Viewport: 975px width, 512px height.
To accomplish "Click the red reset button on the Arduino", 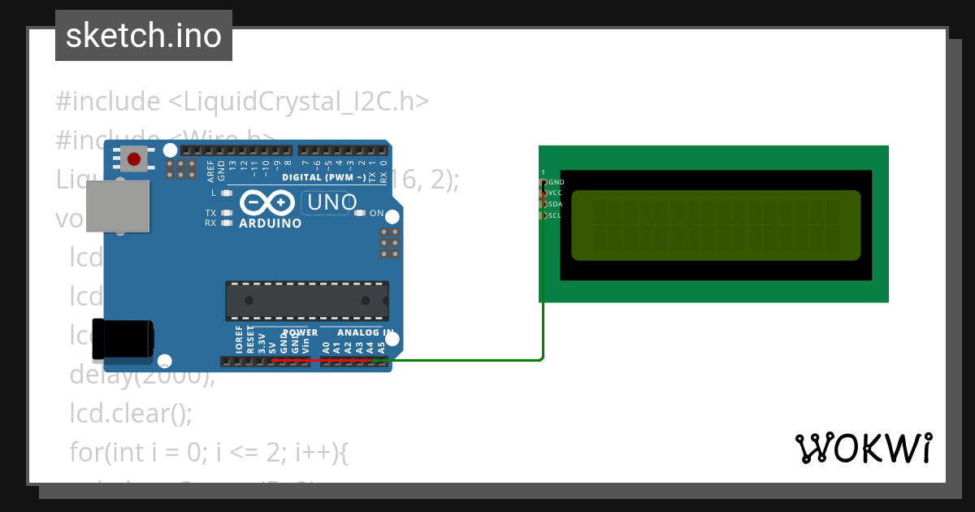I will [x=135, y=158].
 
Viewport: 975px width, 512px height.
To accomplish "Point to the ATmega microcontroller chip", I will [x=307, y=300].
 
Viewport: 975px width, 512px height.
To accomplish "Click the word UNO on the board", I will [x=330, y=202].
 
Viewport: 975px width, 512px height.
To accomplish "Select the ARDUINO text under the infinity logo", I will [x=270, y=223].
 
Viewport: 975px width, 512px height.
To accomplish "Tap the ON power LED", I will [x=360, y=213].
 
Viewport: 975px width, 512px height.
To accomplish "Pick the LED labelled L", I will [x=227, y=193].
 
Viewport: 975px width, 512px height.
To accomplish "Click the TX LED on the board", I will [x=227, y=213].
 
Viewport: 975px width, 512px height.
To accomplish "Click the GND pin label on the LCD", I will [x=556, y=183].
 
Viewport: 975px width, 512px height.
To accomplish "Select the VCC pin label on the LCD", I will [x=556, y=193].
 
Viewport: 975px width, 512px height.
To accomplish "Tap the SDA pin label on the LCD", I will [x=556, y=204].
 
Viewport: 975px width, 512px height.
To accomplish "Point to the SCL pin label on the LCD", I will [x=555, y=215].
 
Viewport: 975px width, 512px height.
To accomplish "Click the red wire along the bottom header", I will [x=325, y=359].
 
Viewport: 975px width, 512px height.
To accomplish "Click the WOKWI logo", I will [x=864, y=448].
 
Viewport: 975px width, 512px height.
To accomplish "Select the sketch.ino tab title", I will [x=143, y=36].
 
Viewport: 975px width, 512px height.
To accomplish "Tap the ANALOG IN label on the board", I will [x=365, y=332].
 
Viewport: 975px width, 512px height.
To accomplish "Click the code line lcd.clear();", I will [x=131, y=414].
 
